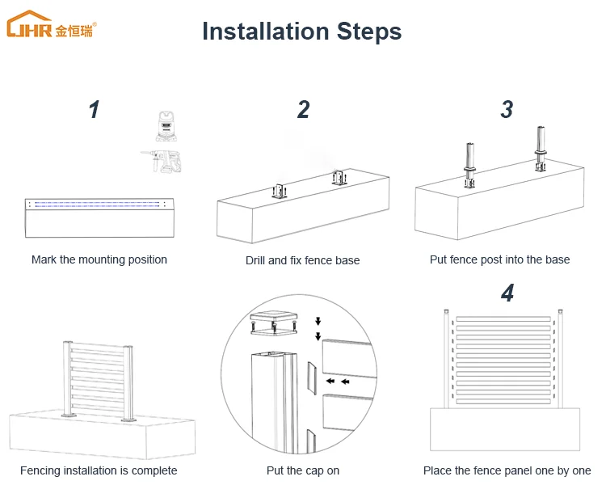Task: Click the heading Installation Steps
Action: coord(301,32)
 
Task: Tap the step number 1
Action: coord(95,110)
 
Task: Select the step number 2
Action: coord(303,110)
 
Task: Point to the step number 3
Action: coord(507,110)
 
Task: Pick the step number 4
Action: coord(507,293)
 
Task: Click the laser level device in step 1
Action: coord(166,126)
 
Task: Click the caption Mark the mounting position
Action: coord(99,259)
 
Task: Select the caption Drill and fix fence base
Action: coord(303,260)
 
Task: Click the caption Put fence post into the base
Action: coord(499,259)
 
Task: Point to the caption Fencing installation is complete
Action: coord(99,470)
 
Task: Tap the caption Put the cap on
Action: coord(303,470)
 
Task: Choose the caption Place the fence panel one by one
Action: coord(507,470)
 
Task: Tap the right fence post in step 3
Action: coord(541,150)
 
